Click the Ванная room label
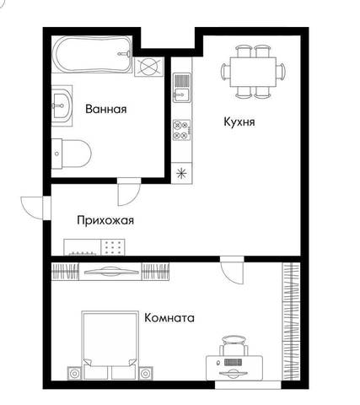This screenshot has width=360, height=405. (106, 109)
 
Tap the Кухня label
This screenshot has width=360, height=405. (239, 122)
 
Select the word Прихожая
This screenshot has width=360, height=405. (105, 220)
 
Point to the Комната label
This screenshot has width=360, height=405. (169, 318)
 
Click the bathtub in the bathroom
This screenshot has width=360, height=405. (93, 55)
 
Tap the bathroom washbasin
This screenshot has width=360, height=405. (62, 105)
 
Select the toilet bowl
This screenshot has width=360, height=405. (72, 154)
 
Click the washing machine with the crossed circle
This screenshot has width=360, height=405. (148, 67)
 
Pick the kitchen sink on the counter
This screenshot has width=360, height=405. (181, 88)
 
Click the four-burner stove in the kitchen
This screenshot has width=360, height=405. (181, 130)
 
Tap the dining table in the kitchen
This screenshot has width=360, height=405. (253, 72)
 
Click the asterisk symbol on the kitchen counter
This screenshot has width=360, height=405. (181, 173)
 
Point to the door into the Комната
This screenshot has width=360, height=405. (232, 270)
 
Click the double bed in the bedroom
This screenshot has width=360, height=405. (110, 345)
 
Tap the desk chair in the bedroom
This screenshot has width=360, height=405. (234, 345)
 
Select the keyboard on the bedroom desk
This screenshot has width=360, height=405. (233, 362)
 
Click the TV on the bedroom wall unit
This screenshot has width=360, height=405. (111, 272)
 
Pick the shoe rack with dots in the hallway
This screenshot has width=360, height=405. (113, 247)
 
